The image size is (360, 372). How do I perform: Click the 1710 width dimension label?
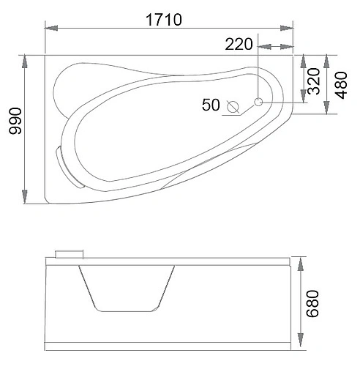point(164,20)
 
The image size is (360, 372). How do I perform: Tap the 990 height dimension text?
point(15,121)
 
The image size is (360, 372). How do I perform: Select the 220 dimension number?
point(239,44)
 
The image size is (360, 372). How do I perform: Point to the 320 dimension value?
point(314,81)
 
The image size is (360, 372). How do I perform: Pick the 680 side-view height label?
point(312,304)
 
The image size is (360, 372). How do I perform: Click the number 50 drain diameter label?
point(211,105)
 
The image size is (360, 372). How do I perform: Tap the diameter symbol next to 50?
point(233,107)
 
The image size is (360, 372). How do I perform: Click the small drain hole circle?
point(258,102)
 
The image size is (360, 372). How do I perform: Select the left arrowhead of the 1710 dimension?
point(51,28)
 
